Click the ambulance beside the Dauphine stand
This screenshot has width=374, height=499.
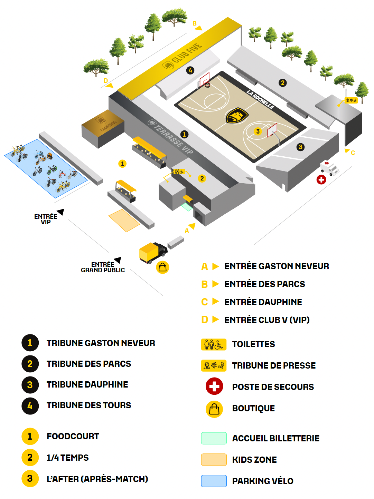329,168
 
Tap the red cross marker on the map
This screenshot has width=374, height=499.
321,179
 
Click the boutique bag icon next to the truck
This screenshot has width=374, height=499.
162,267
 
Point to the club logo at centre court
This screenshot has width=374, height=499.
237,115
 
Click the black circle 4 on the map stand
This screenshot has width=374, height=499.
190,70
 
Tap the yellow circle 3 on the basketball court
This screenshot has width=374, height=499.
258,131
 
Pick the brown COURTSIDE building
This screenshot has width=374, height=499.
102,129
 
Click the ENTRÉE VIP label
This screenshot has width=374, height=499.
46,219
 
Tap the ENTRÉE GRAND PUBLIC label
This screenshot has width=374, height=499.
103,267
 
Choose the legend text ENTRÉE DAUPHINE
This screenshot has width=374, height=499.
263,302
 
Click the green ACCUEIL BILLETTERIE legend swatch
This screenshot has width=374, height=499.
214,438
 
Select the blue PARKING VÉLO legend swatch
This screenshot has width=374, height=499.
214,481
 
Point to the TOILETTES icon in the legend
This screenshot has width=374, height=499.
214,344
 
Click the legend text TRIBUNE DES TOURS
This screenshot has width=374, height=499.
89,405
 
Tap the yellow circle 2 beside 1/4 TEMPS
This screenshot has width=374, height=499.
30,458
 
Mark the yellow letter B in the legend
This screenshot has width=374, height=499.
205,284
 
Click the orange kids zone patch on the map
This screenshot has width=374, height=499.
124,220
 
